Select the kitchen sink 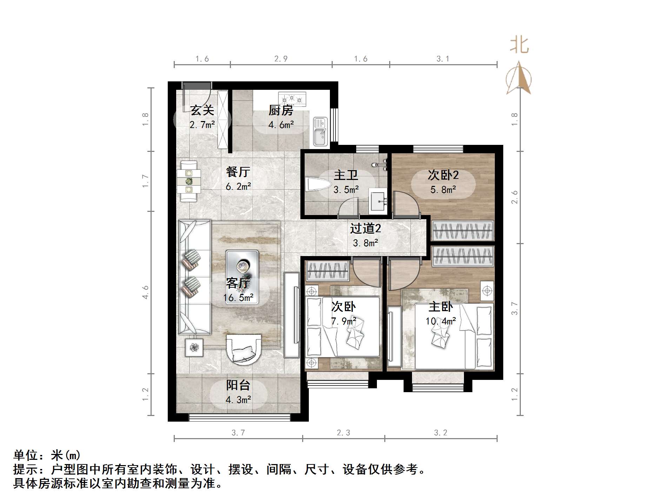tap(320, 131)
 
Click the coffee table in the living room tap(242, 267)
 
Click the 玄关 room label tap(202, 110)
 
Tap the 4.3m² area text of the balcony tap(238, 400)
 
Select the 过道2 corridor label tap(365, 229)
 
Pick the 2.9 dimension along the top tap(281, 59)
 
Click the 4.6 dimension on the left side tap(145, 292)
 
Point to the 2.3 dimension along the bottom tap(343, 433)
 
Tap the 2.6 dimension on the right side tap(514, 197)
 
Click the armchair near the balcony tap(244, 349)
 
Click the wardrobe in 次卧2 tap(463, 231)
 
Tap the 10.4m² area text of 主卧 tap(441, 321)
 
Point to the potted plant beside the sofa tap(194, 347)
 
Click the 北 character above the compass tap(519, 46)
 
